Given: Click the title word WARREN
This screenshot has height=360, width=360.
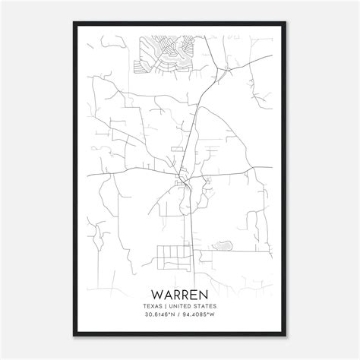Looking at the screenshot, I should tap(180, 292).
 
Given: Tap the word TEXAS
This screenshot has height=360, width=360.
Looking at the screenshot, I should tap(151, 305).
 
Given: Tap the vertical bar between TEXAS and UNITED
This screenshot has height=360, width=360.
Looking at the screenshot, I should tap(166, 305).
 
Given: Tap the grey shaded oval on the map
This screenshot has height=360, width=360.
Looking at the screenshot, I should tap(223, 245).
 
